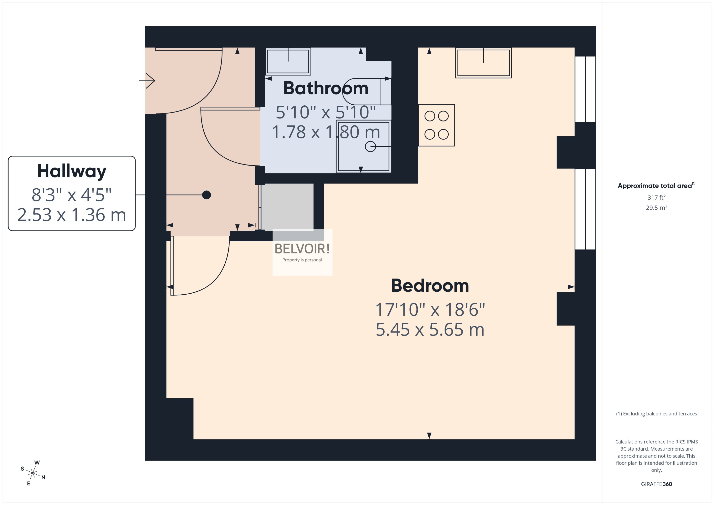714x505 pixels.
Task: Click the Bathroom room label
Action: click(326, 88)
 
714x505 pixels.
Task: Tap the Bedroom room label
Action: click(430, 286)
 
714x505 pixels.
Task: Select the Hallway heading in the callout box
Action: click(72, 171)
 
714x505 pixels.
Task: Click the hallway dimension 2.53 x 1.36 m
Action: click(72, 215)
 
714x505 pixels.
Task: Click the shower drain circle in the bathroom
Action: click(370, 146)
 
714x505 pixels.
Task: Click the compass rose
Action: click(33, 473)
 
